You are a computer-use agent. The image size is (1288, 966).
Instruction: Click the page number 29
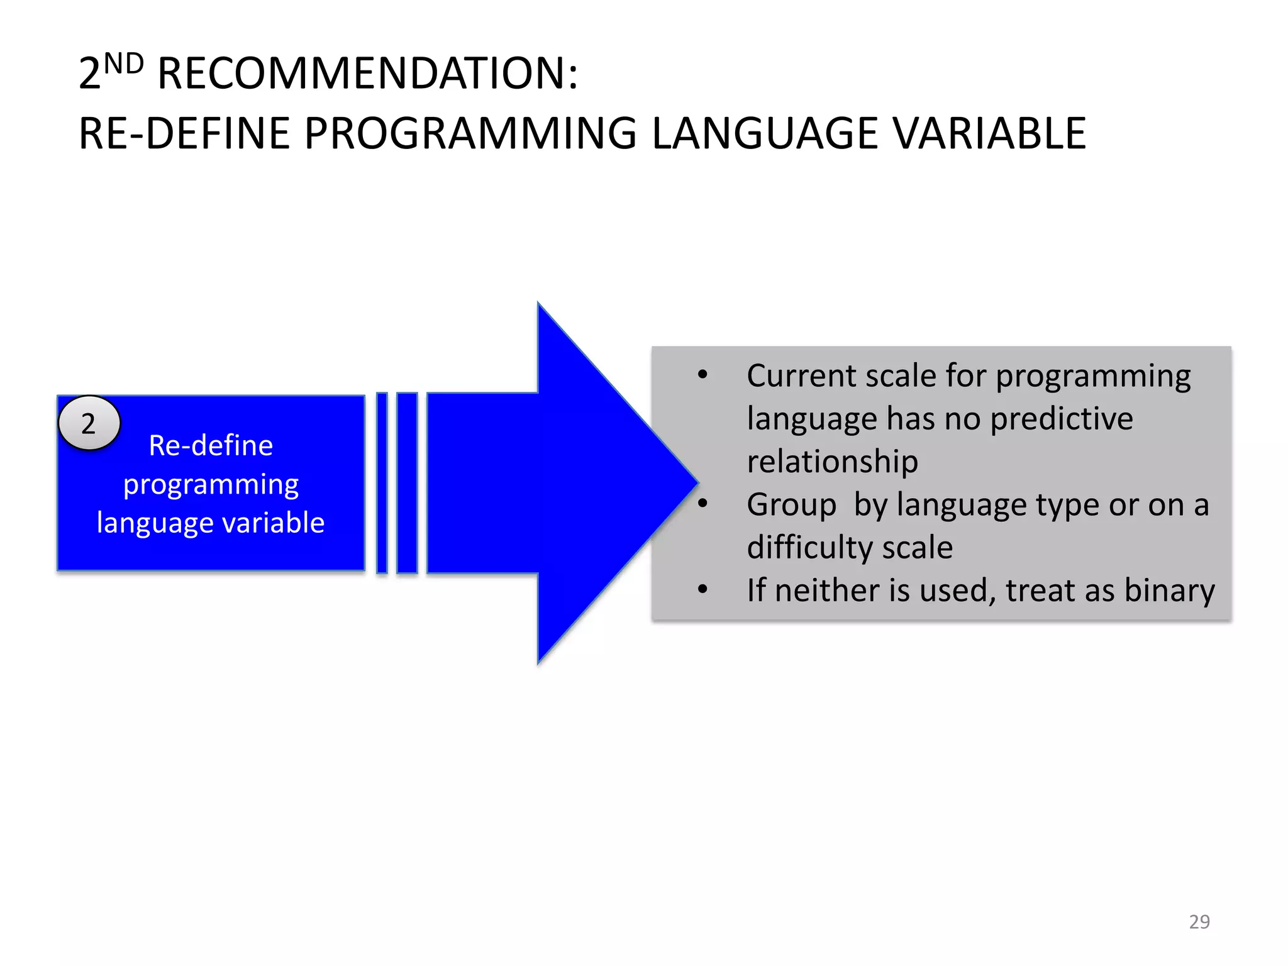(1199, 921)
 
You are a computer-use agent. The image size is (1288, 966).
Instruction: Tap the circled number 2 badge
(89, 423)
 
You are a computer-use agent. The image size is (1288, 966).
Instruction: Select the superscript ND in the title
(124, 64)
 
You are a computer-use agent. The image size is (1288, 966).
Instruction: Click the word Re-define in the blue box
(211, 445)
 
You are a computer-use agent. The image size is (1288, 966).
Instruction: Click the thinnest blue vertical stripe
(382, 483)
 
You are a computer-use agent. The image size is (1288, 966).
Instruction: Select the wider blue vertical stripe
(407, 483)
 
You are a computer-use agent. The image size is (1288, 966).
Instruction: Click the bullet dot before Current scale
(702, 375)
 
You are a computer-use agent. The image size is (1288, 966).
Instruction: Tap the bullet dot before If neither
(702, 590)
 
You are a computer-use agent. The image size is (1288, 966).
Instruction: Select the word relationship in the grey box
(832, 462)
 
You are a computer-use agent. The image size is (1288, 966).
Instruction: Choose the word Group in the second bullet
(791, 504)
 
